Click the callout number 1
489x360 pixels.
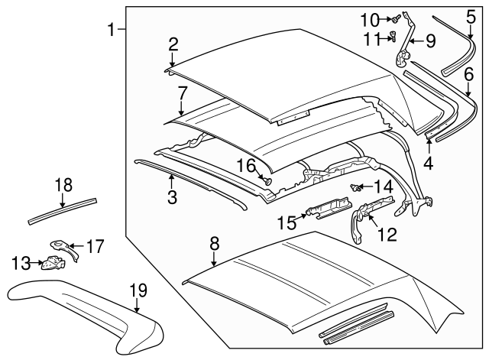pos(112,30)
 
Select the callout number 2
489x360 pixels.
pos(173,44)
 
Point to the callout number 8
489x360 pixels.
pos(215,244)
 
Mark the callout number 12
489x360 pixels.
pos(387,235)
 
